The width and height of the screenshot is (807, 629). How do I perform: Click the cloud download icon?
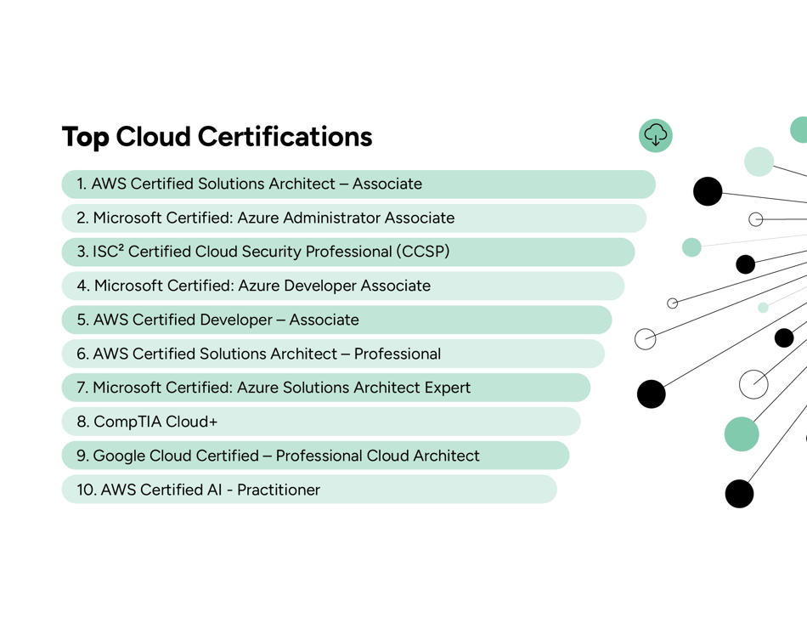[x=656, y=135]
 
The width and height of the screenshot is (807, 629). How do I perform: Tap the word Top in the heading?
[x=86, y=137]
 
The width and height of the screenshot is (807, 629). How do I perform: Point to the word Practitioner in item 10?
[x=279, y=490]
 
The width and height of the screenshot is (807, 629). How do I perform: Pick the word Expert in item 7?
[x=447, y=388]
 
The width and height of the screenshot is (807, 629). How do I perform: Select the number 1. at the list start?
[x=82, y=184]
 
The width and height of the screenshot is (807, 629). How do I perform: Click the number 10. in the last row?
[x=87, y=490]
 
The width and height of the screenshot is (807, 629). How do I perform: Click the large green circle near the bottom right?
[x=741, y=433]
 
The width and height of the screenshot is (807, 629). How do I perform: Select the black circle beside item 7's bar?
[x=652, y=394]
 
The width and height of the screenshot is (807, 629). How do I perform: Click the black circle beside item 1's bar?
[x=708, y=191]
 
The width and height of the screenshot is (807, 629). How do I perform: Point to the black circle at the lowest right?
[x=739, y=493]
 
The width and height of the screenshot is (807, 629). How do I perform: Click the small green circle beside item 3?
[x=691, y=247]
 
